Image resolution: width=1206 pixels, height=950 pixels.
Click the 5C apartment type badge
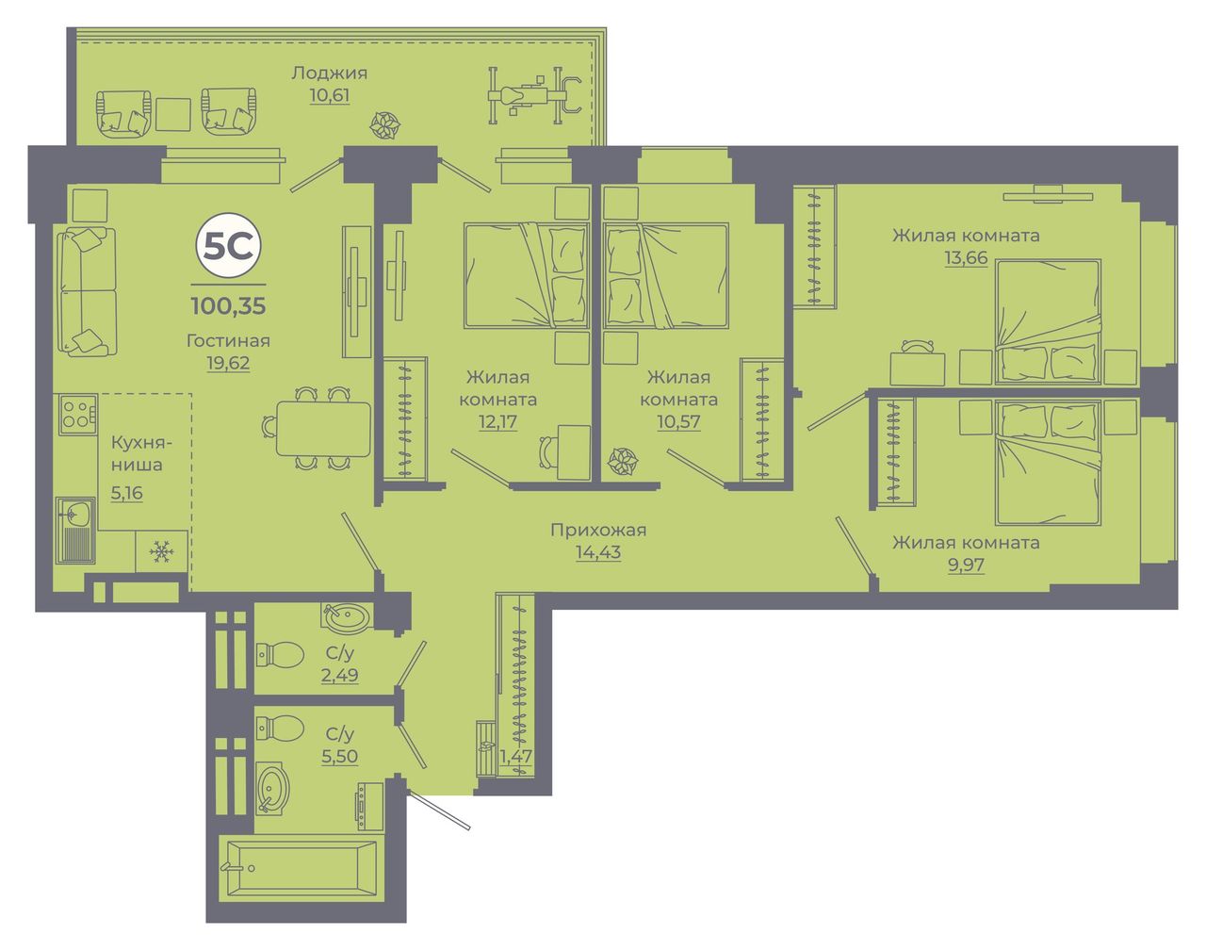(x=228, y=246)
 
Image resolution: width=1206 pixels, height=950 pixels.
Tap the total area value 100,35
(x=228, y=306)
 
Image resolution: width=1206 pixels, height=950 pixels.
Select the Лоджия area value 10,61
(x=330, y=95)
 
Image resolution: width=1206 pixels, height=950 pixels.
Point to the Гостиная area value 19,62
(x=228, y=363)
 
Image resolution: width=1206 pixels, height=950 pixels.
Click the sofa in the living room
(x=87, y=291)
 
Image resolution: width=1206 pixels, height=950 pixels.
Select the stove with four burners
(x=76, y=415)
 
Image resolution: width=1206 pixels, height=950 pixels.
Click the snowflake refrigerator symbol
(x=161, y=552)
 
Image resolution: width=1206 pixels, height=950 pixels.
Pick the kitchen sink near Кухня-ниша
(x=75, y=530)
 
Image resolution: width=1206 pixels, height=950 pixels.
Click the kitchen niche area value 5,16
(x=126, y=493)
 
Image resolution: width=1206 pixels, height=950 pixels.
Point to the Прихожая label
(x=598, y=530)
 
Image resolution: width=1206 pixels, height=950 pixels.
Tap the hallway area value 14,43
(x=598, y=552)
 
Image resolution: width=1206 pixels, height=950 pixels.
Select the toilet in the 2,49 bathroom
(x=280, y=654)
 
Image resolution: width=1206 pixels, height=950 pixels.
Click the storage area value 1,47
(x=515, y=756)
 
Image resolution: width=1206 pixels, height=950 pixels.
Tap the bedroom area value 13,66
(x=966, y=258)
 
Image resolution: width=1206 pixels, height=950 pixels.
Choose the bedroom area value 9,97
(x=966, y=565)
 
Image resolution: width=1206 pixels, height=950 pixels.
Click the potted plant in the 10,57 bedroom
(x=623, y=462)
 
